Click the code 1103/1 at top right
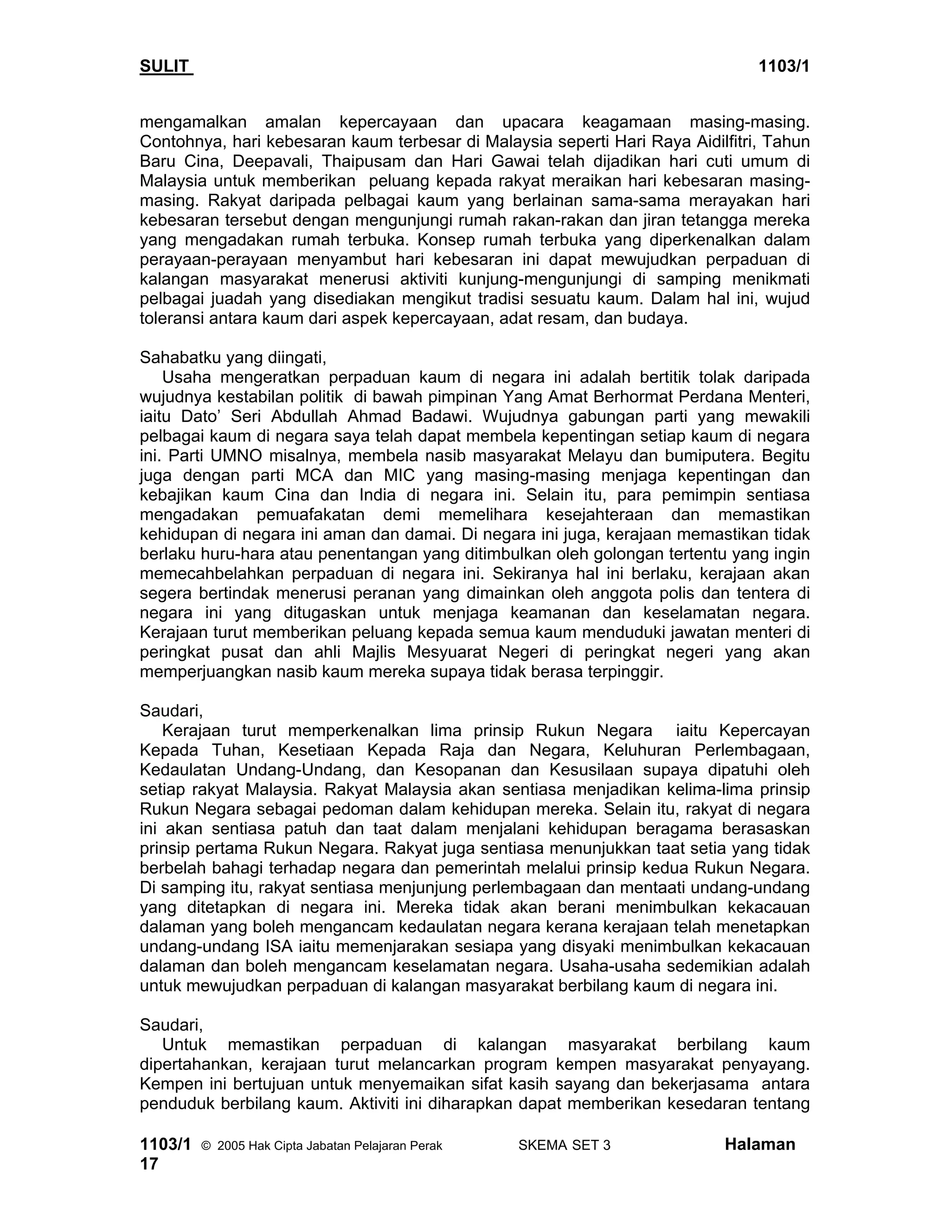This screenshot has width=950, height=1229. [x=783, y=66]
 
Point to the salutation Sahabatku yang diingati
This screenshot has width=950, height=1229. [x=233, y=357]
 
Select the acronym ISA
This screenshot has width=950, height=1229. [x=279, y=947]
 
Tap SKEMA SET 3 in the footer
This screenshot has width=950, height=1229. [x=564, y=1146]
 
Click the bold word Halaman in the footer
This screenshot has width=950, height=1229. [x=760, y=1145]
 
